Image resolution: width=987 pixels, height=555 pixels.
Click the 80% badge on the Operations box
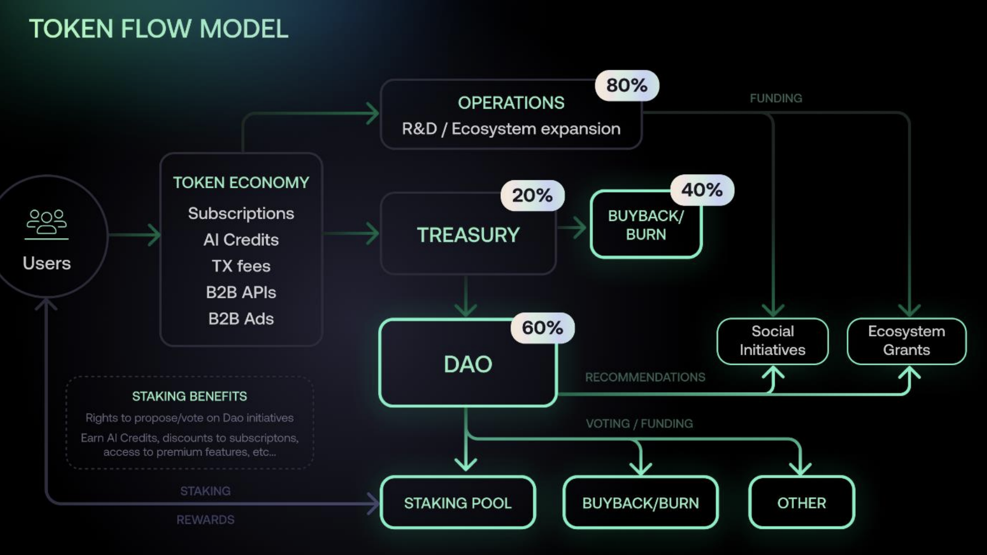pyautogui.click(x=626, y=86)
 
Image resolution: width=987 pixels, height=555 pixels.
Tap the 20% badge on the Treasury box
pyautogui.click(x=532, y=196)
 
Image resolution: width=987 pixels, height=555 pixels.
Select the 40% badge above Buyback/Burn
pyautogui.click(x=702, y=190)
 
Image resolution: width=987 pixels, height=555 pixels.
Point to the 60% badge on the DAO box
pyautogui.click(x=542, y=328)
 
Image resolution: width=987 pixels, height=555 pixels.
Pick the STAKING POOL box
pyautogui.click(x=458, y=503)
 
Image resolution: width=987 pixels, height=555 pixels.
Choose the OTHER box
pyautogui.click(x=801, y=503)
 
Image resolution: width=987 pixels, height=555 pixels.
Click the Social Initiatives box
pyautogui.click(x=772, y=341)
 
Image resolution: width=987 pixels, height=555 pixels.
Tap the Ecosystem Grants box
pyautogui.click(x=906, y=341)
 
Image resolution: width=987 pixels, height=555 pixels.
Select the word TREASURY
pyautogui.click(x=468, y=235)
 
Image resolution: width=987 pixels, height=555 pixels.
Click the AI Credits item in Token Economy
pyautogui.click(x=241, y=240)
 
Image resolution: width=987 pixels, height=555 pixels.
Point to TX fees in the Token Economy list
pyautogui.click(x=241, y=266)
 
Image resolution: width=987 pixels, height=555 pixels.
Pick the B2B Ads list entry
pyautogui.click(x=241, y=319)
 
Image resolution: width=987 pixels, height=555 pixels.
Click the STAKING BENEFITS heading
pyautogui.click(x=189, y=396)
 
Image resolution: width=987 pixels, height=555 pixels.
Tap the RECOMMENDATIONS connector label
pyautogui.click(x=645, y=378)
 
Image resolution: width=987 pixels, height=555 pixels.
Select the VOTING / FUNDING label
pyautogui.click(x=639, y=424)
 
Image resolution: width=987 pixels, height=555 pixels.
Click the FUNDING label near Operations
pyautogui.click(x=775, y=98)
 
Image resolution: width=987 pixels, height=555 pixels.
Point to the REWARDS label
pyautogui.click(x=205, y=520)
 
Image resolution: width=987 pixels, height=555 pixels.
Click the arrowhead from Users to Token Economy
pyautogui.click(x=154, y=235)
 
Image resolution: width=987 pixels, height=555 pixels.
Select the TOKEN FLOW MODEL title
pyautogui.click(x=158, y=29)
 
